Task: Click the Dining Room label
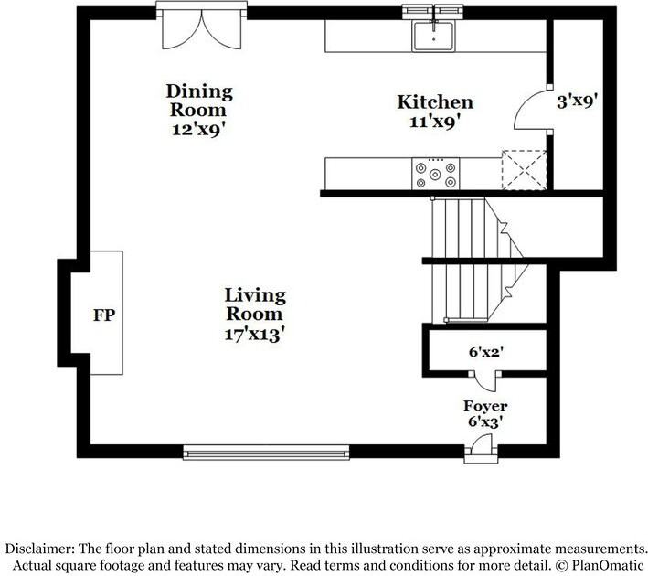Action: [x=199, y=101]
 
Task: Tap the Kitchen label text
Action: [x=435, y=102]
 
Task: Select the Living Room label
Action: [x=255, y=304]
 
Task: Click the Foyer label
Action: [x=485, y=406]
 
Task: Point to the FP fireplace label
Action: [x=104, y=315]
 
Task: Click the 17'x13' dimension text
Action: [x=255, y=334]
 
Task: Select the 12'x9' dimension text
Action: [x=199, y=130]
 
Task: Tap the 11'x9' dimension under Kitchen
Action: [x=435, y=122]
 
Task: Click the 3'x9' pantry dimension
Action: [x=578, y=101]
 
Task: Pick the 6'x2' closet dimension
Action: [x=485, y=352]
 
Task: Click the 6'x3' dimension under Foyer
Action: [x=485, y=421]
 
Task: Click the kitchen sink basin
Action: [x=433, y=37]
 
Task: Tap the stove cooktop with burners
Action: [x=436, y=174]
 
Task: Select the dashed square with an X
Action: [x=524, y=170]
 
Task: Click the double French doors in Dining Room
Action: [x=201, y=30]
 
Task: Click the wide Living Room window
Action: [x=266, y=453]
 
